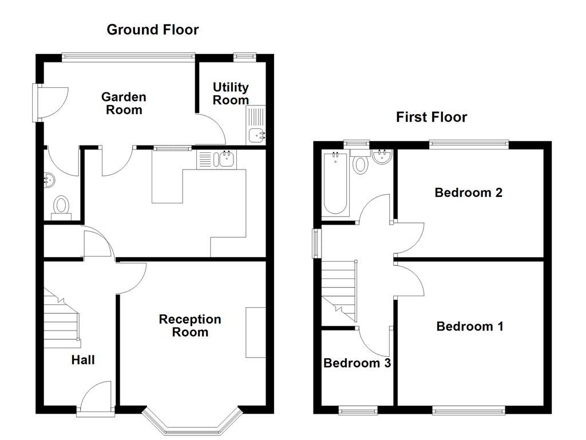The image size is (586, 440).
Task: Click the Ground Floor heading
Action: tap(152, 30)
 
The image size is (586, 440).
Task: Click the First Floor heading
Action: tap(431, 117)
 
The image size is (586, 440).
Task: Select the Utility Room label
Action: tap(231, 93)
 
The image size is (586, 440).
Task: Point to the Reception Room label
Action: tap(190, 325)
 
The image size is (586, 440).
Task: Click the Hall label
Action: tap(83, 360)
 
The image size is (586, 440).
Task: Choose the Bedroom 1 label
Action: tap(469, 327)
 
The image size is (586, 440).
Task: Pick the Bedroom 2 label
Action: tap(468, 192)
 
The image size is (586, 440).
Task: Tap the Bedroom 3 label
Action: tap(357, 363)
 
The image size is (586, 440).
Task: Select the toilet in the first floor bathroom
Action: tap(361, 163)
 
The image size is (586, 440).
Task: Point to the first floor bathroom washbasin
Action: tap(381, 157)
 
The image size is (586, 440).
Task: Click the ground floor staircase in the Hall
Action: tap(62, 321)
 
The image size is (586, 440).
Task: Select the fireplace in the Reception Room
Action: tap(256, 333)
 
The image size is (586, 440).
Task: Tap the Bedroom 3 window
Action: tap(358, 409)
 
